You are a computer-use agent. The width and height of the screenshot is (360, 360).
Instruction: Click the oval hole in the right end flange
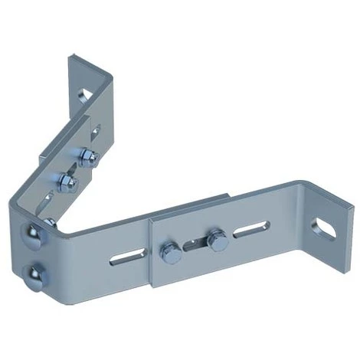pos(325,225)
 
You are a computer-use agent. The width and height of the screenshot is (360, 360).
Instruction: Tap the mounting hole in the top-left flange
pos(85,96)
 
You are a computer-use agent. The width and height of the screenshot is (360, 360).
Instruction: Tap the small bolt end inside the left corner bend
pos(50,222)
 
